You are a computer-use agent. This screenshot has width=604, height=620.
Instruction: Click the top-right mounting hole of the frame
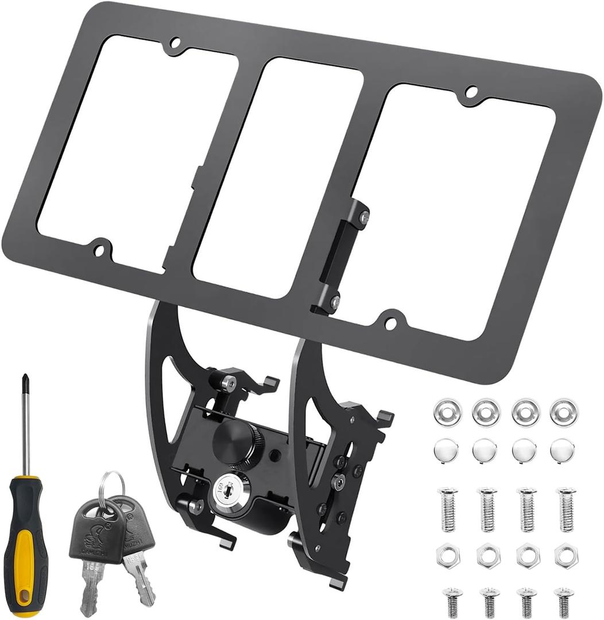(x=471, y=91)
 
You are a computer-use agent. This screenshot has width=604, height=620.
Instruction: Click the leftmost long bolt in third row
(x=448, y=509)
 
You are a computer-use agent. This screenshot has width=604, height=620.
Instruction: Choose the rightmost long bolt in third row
(x=567, y=509)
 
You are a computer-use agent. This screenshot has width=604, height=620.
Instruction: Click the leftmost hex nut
(x=448, y=555)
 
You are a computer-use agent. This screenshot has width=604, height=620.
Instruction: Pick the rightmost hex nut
(x=566, y=555)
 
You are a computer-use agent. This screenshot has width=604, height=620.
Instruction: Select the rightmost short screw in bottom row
(x=564, y=600)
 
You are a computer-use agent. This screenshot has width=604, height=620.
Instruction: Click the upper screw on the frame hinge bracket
(x=364, y=216)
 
